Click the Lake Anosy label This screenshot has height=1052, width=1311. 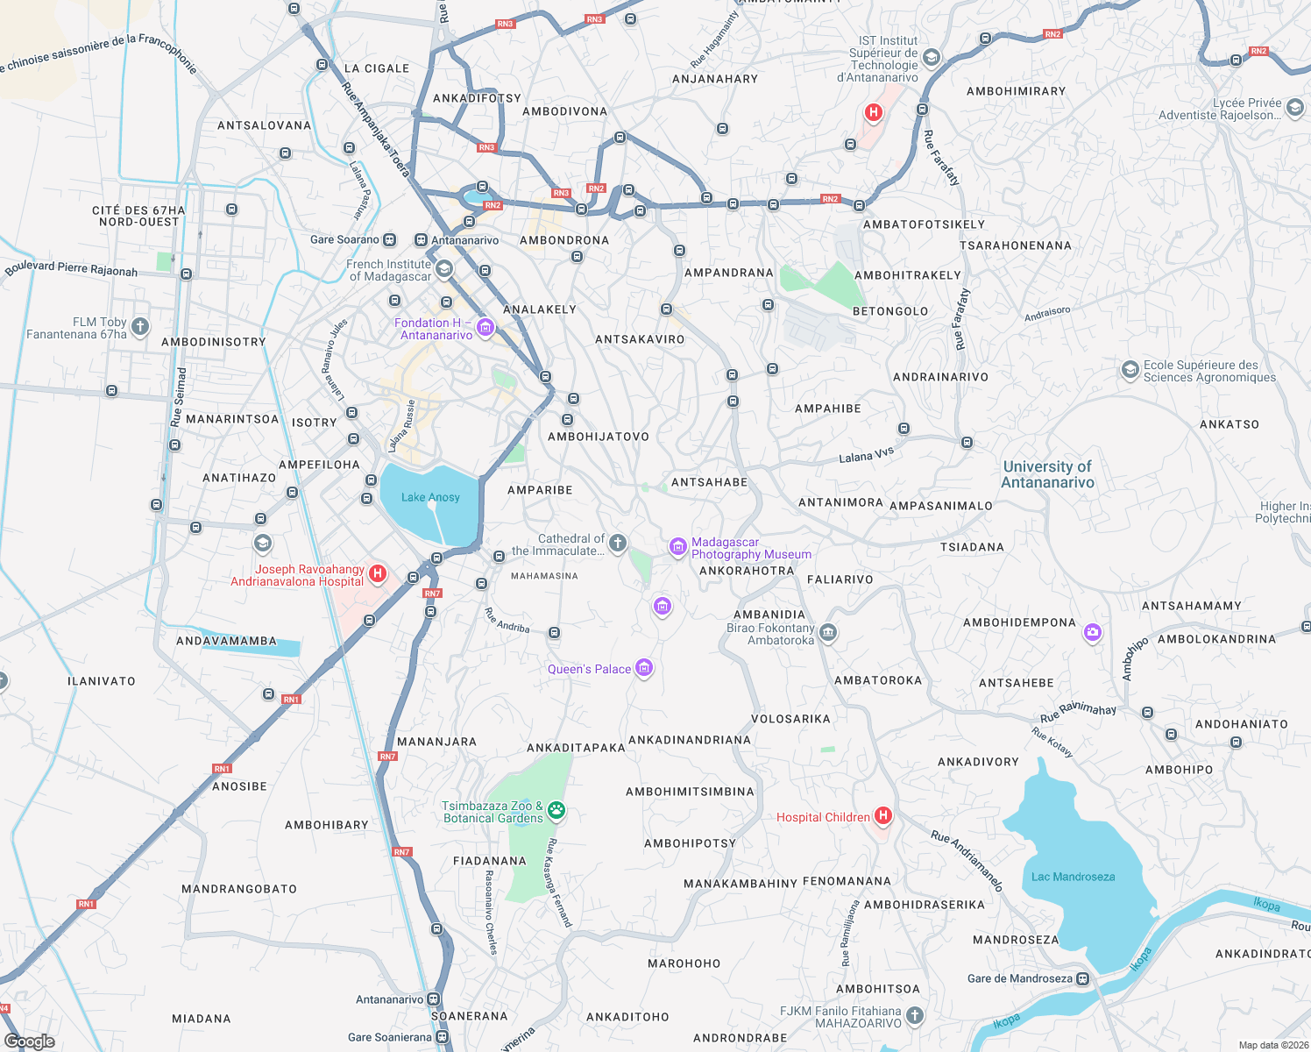click(430, 497)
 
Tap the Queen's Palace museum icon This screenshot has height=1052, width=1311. click(644, 669)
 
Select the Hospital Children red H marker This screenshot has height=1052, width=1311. click(883, 816)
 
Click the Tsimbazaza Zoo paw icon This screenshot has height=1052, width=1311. click(556, 811)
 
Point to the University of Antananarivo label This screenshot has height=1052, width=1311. click(1047, 474)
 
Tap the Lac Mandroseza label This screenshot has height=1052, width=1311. click(1073, 877)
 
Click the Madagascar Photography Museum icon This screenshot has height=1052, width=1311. click(677, 547)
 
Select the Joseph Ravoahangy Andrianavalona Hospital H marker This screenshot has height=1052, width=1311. click(378, 573)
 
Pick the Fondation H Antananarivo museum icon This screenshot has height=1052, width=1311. click(485, 328)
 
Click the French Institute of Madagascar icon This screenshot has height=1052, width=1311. click(444, 268)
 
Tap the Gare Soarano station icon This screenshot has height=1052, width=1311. click(390, 239)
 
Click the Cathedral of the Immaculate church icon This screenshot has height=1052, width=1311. click(618, 544)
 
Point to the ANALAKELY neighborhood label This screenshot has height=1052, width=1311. click(540, 309)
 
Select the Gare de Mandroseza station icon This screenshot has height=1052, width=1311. click(1083, 978)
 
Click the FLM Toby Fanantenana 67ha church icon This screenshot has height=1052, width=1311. click(140, 327)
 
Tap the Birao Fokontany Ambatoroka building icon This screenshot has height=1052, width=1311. click(828, 632)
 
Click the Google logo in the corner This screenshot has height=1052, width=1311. click(30, 1041)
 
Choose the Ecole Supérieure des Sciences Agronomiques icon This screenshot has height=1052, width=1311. click(1130, 370)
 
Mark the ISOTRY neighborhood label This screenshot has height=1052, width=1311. click(314, 423)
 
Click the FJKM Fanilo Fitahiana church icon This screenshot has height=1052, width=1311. click(915, 1015)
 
